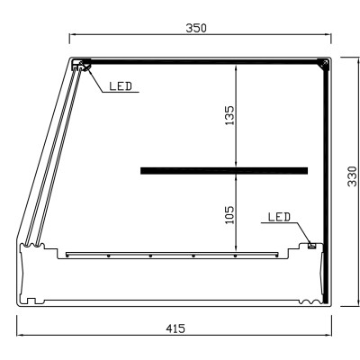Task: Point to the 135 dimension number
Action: pos(229,115)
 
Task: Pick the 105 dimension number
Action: pos(229,215)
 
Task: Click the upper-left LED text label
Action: pos(121,87)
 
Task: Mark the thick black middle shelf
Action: pos(224,170)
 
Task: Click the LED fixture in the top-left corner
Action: pos(82,65)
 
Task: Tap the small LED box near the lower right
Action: pos(311,244)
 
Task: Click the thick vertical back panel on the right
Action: pos(328,180)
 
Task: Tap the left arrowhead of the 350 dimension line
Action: pos(72,37)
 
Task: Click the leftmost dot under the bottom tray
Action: pos(66,256)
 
